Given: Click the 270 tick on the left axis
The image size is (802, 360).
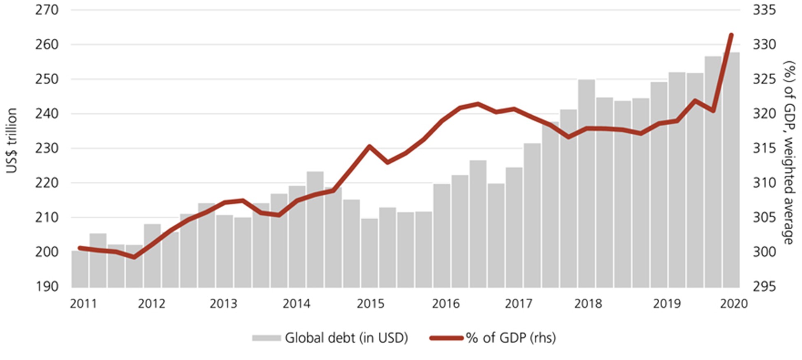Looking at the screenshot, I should point(46,9).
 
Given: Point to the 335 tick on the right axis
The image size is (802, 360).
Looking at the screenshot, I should point(764,9).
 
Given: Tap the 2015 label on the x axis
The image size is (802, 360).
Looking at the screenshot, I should point(370,304).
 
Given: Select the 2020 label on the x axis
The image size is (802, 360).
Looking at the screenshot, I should point(734,304).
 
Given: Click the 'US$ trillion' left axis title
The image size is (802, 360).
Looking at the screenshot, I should point(12,141).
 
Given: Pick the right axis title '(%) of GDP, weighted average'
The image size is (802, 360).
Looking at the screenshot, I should point(789,152).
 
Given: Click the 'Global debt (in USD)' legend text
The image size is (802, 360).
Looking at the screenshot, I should point(346,338).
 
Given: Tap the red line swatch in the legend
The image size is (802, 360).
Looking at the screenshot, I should point(446,338).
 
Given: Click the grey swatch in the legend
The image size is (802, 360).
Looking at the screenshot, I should point(266,338).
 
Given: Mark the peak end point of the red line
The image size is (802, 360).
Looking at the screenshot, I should point(731,35).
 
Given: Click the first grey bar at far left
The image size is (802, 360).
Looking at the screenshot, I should point(80,269).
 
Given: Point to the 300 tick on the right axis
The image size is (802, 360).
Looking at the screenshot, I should point(764,252).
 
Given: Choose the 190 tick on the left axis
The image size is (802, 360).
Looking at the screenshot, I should point(46,286).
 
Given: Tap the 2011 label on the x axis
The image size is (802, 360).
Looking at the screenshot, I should point(83,304).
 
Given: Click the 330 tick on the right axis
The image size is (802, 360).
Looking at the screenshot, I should point(764,44).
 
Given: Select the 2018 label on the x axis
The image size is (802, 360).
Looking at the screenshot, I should point(588,304).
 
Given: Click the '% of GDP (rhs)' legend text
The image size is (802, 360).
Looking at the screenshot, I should point(511,338).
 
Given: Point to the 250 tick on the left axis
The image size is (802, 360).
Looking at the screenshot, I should point(46,79).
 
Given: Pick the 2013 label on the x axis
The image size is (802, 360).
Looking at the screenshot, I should point(223,304).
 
